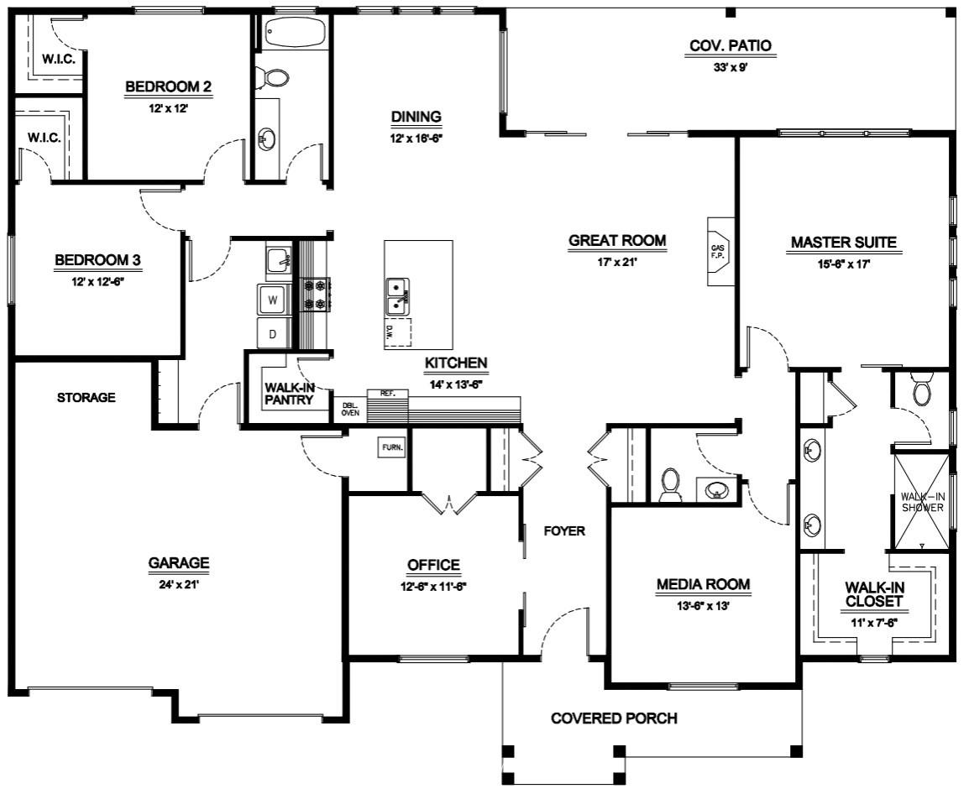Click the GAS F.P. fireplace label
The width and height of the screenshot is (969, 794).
pyautogui.click(x=717, y=252)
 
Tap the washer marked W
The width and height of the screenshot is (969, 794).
pyautogui.click(x=273, y=300)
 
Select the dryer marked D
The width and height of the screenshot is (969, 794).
pyautogui.click(x=273, y=334)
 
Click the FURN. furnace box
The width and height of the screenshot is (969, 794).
pyautogui.click(x=392, y=447)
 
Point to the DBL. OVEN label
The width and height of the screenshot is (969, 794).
pyautogui.click(x=350, y=409)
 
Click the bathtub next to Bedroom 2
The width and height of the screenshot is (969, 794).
pyautogui.click(x=295, y=32)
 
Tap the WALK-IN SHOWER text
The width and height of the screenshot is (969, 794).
pyautogui.click(x=923, y=502)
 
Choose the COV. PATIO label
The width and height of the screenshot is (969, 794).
pyautogui.click(x=731, y=45)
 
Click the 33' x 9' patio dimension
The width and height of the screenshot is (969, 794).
pyautogui.click(x=731, y=67)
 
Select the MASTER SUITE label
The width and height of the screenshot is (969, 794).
pyautogui.click(x=844, y=243)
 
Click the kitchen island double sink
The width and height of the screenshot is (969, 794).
pyautogui.click(x=397, y=297)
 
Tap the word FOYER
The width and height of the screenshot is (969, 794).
pyautogui.click(x=564, y=530)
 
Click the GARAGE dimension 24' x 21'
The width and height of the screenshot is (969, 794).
pyautogui.click(x=178, y=583)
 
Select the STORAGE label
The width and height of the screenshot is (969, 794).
pyautogui.click(x=86, y=397)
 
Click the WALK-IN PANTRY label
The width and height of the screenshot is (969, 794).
pyautogui.click(x=289, y=394)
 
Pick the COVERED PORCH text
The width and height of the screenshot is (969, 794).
pyautogui.click(x=614, y=718)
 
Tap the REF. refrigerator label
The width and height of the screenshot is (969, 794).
pyautogui.click(x=387, y=393)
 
